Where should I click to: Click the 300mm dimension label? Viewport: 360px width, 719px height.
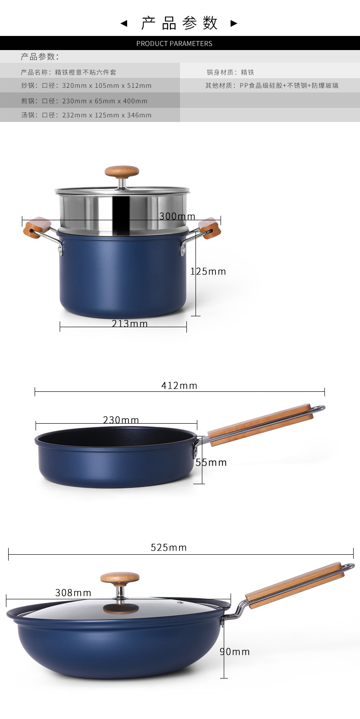click(x=177, y=216)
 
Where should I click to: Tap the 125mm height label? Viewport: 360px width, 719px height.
click(x=208, y=271)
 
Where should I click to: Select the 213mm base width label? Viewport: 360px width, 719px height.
click(x=129, y=324)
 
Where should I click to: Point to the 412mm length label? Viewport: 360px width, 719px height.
click(x=179, y=385)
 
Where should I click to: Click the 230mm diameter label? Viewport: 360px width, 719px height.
click(x=121, y=420)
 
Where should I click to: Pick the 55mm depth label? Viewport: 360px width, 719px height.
click(x=211, y=462)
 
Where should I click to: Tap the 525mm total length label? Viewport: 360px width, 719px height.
click(x=169, y=547)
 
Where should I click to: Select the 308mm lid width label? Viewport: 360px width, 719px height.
click(x=73, y=592)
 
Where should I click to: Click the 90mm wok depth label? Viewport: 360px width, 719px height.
click(x=235, y=652)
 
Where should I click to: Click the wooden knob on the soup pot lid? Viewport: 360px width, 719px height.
click(x=122, y=172)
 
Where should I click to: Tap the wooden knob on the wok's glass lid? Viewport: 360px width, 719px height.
click(x=120, y=578)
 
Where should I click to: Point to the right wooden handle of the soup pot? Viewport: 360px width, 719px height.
click(x=210, y=228)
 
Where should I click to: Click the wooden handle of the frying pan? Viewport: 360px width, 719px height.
click(x=260, y=424)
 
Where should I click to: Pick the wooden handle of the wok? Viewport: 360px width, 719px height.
click(x=294, y=585)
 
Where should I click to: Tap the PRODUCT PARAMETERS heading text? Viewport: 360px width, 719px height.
click(x=174, y=44)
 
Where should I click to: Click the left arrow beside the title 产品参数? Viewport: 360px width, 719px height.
click(x=123, y=23)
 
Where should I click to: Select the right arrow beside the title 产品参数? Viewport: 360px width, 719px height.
click(x=234, y=23)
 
